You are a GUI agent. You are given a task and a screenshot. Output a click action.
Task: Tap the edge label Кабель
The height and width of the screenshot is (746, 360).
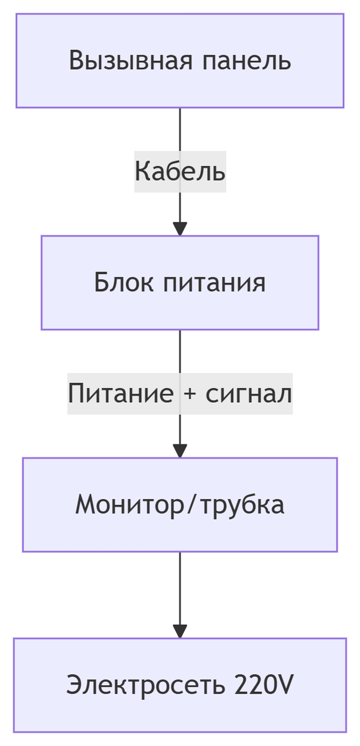coord(180,171)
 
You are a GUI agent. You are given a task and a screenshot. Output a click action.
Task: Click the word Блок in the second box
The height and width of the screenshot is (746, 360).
coord(122,283)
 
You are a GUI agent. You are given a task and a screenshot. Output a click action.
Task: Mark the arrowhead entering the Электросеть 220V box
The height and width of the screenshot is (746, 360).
coord(180,631)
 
